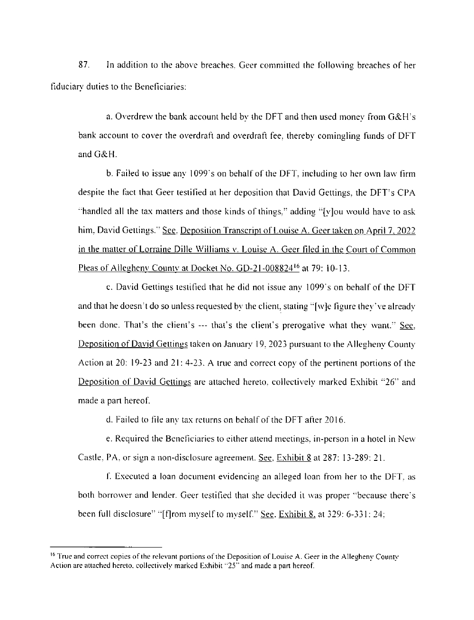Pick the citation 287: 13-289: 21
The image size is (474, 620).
point(346,458)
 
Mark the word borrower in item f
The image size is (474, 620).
point(110,496)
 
